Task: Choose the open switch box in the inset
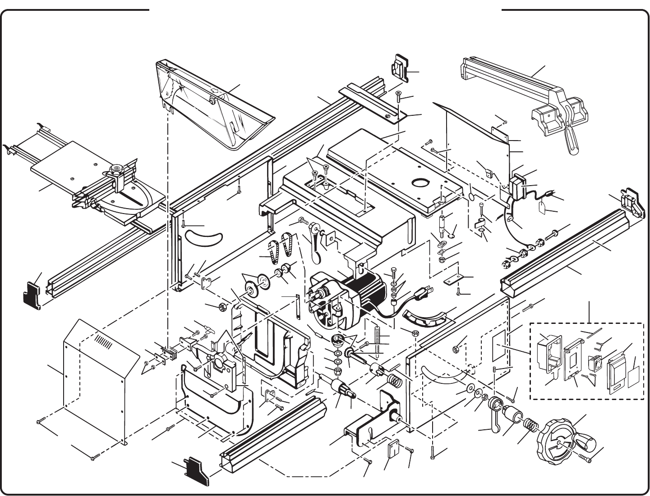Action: click(549, 355)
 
